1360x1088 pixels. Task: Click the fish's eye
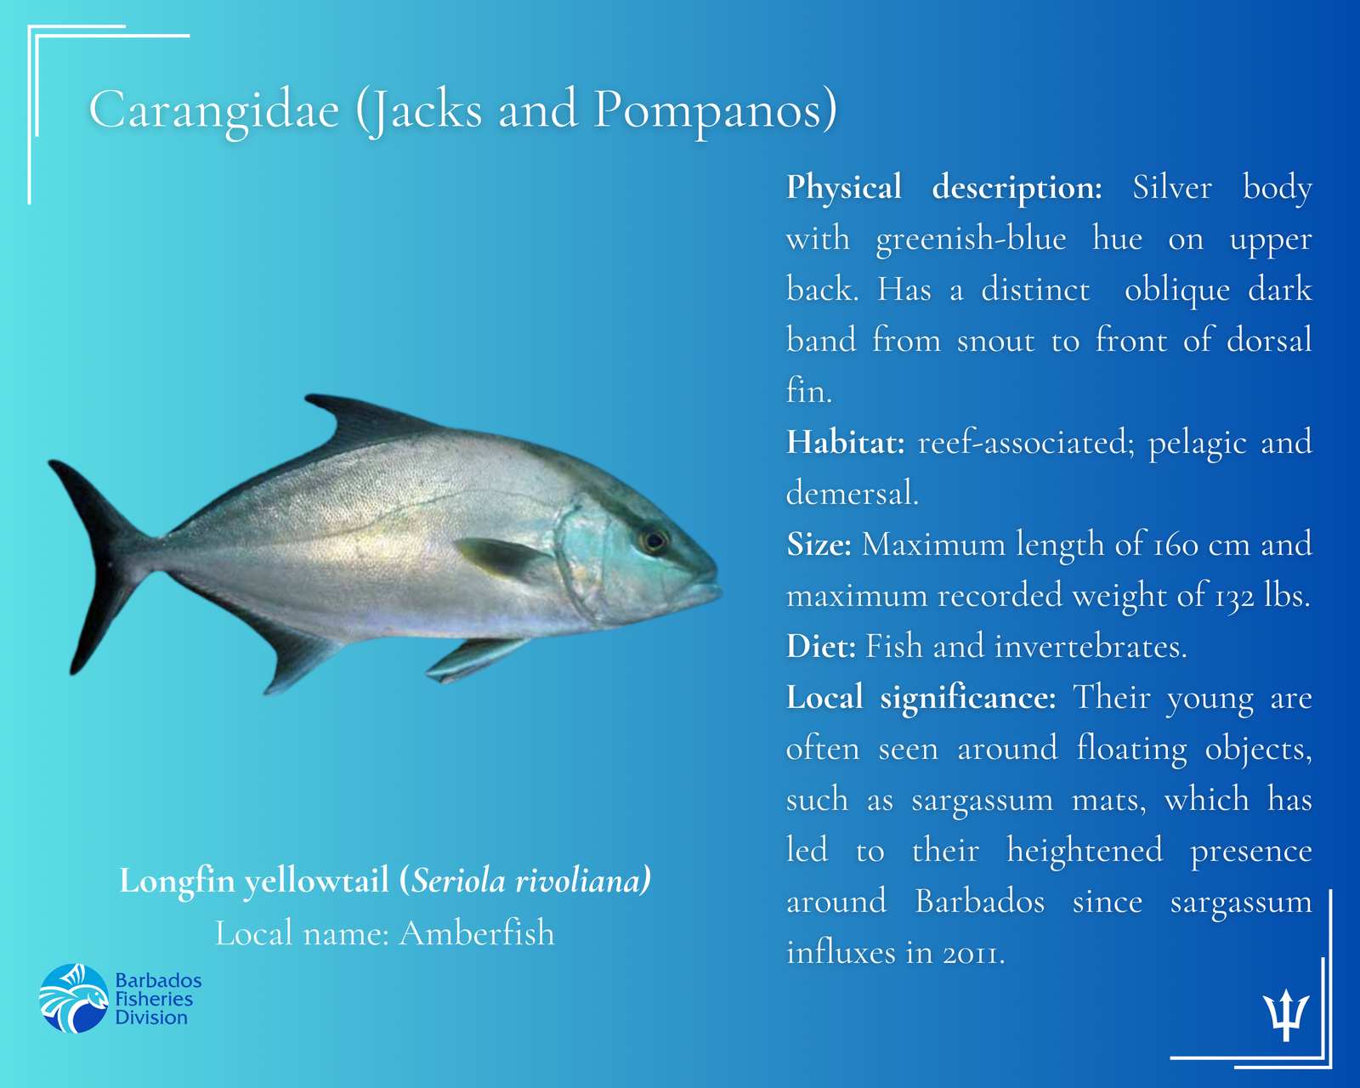pyautogui.click(x=654, y=541)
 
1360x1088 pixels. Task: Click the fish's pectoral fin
pyautogui.click(x=501, y=558)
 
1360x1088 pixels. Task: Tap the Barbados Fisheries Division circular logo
pyautogui.click(x=75, y=998)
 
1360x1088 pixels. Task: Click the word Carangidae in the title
pyautogui.click(x=214, y=110)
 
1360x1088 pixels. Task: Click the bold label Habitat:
pyautogui.click(x=845, y=443)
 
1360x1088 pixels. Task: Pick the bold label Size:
pyautogui.click(x=819, y=545)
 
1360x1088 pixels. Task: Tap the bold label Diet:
pyautogui.click(x=821, y=647)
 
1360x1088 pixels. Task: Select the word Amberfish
pyautogui.click(x=477, y=933)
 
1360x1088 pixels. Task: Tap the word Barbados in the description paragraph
pyautogui.click(x=979, y=902)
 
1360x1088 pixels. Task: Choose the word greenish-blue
pyautogui.click(x=971, y=239)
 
